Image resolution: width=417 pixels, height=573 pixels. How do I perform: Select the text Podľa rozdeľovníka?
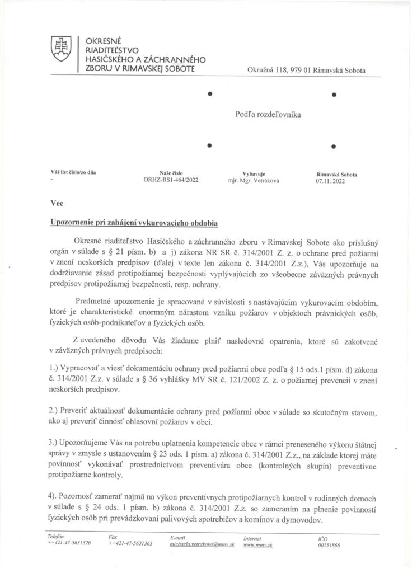[268, 114]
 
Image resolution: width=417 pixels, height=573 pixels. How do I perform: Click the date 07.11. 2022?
[331, 181]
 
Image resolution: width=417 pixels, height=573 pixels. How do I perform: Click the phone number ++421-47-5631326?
[70, 543]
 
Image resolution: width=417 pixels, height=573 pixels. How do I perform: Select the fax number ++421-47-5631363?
[131, 543]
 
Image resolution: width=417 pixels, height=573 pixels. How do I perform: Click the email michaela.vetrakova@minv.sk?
[202, 543]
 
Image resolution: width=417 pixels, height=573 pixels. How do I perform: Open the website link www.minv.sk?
[258, 543]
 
